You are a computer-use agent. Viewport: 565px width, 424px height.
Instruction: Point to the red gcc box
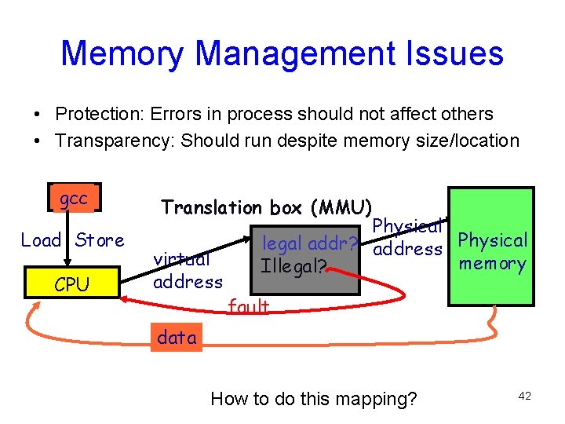(74, 199)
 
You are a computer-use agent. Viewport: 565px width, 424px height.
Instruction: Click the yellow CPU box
(72, 284)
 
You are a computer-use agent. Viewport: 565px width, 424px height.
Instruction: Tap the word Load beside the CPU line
(41, 240)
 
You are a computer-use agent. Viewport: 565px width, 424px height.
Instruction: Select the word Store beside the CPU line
(100, 240)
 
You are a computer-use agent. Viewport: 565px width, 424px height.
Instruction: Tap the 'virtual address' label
(187, 270)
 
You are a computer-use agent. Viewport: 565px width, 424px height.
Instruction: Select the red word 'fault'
(248, 307)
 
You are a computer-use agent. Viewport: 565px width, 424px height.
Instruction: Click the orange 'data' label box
(177, 338)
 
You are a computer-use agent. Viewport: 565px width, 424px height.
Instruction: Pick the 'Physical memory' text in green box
(492, 251)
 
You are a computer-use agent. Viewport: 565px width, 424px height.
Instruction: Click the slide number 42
(524, 397)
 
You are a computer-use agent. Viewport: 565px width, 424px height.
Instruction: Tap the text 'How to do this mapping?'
(314, 399)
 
